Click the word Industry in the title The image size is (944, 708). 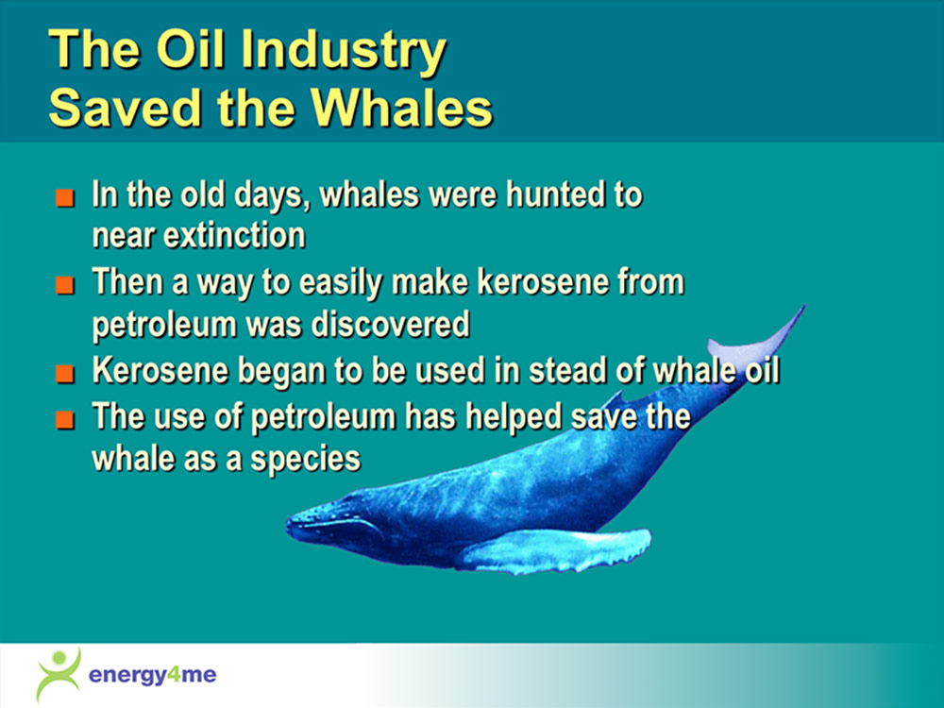344,51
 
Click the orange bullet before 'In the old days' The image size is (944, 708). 65,198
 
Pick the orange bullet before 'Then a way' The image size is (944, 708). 65,285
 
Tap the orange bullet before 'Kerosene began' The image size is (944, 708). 65,373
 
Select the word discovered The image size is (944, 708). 390,324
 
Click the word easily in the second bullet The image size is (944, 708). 340,284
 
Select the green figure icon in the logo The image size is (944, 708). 59,674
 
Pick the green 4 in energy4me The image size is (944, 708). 174,674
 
